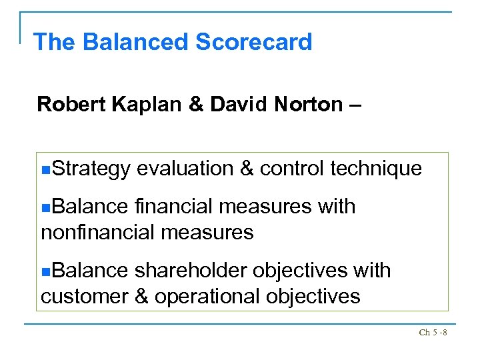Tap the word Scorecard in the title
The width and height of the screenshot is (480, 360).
253,42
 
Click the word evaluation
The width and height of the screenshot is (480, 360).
184,169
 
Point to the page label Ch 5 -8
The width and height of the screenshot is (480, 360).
433,332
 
